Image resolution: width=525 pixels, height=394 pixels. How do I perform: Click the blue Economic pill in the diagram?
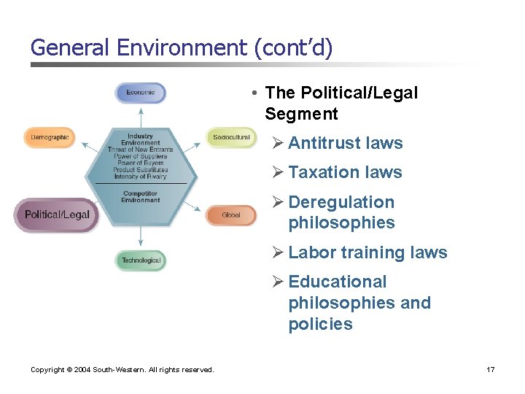click(141, 93)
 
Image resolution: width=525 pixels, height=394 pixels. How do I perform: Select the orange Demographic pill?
click(50, 137)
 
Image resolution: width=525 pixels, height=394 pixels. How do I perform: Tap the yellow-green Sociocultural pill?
click(231, 137)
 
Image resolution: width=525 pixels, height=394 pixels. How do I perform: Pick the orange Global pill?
click(230, 215)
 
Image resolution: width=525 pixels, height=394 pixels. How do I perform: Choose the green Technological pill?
click(141, 260)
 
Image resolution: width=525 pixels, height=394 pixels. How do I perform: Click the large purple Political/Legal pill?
click(57, 215)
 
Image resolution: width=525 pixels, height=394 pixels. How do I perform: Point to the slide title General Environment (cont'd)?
click(182, 48)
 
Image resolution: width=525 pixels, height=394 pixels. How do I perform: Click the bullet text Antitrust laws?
click(345, 143)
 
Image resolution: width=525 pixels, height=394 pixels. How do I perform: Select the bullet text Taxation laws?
click(345, 172)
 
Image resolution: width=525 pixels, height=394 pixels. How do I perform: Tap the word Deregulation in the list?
click(341, 202)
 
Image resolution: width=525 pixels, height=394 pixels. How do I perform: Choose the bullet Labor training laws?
click(367, 252)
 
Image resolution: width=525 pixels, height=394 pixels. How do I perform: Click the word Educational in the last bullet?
click(338, 282)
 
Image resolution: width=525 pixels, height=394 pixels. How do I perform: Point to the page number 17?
click(491, 370)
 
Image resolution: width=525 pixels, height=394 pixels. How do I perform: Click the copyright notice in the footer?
click(122, 370)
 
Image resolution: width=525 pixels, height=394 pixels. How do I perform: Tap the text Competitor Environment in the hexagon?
click(141, 197)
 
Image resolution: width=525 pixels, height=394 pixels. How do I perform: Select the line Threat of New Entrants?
click(140, 150)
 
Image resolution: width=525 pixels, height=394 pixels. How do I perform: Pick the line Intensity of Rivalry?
click(140, 177)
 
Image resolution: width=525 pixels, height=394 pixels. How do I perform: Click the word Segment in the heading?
click(301, 114)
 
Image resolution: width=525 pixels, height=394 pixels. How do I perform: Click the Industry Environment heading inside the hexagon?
click(140, 139)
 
